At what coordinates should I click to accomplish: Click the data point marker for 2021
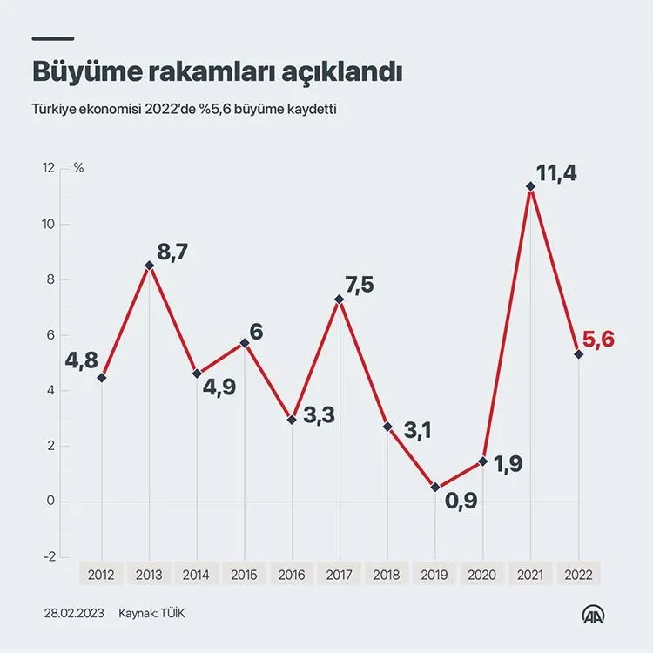point(530,185)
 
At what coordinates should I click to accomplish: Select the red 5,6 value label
point(598,340)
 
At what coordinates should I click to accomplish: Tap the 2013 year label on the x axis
point(149,574)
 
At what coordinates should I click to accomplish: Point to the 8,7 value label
point(170,253)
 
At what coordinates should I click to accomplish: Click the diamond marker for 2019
point(435,488)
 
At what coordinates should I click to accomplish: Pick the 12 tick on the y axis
point(48,168)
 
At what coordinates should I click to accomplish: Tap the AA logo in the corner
point(594,613)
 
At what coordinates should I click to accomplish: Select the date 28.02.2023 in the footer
point(74,613)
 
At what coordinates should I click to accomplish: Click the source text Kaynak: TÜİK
point(151,613)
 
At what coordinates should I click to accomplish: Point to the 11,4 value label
point(555,173)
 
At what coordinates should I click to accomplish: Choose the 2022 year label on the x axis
point(578,574)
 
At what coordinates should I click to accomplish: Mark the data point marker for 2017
point(340,300)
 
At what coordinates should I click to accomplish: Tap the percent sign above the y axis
point(79,168)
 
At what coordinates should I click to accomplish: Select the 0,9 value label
point(461,502)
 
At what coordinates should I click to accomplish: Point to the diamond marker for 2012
point(102,377)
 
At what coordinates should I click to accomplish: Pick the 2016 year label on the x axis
point(292,574)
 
